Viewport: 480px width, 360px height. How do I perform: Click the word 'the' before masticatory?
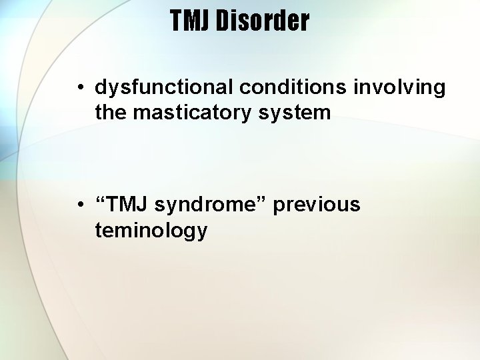111,113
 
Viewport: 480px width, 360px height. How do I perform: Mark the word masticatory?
193,113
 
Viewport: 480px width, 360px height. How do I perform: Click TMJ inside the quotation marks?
127,205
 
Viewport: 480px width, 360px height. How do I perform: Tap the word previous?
317,205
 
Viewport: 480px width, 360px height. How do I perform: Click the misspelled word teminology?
151,231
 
